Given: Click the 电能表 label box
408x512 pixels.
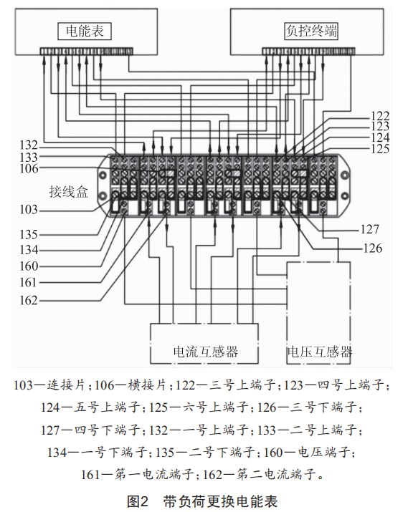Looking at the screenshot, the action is (x=85, y=32).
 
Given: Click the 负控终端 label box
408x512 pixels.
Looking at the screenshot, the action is (x=311, y=32).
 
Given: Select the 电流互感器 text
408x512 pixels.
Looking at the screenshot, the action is (x=206, y=352).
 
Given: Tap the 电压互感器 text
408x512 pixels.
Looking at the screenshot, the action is (x=320, y=352).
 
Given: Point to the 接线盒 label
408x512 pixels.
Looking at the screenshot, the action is (x=69, y=192).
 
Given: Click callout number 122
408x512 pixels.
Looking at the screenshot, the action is (x=380, y=116).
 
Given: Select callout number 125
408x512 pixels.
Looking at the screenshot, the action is (x=380, y=149).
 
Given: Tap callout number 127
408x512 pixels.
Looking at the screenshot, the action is (x=370, y=229).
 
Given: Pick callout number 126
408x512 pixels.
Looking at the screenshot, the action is (x=373, y=248).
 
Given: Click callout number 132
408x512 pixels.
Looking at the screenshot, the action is (x=29, y=145).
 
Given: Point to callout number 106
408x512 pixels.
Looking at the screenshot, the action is (x=29, y=168).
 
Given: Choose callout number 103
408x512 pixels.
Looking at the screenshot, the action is (x=29, y=210).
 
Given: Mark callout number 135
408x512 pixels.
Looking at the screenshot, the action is (x=29, y=234).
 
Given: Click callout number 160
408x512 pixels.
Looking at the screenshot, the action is (x=29, y=266).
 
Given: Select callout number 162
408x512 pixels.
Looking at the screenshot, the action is (x=29, y=301).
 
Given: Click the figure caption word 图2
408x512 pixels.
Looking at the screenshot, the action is (x=138, y=501).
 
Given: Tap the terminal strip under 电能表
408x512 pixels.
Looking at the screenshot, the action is (x=86, y=52).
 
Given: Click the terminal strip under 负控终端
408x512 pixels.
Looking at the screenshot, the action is (x=308, y=52).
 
